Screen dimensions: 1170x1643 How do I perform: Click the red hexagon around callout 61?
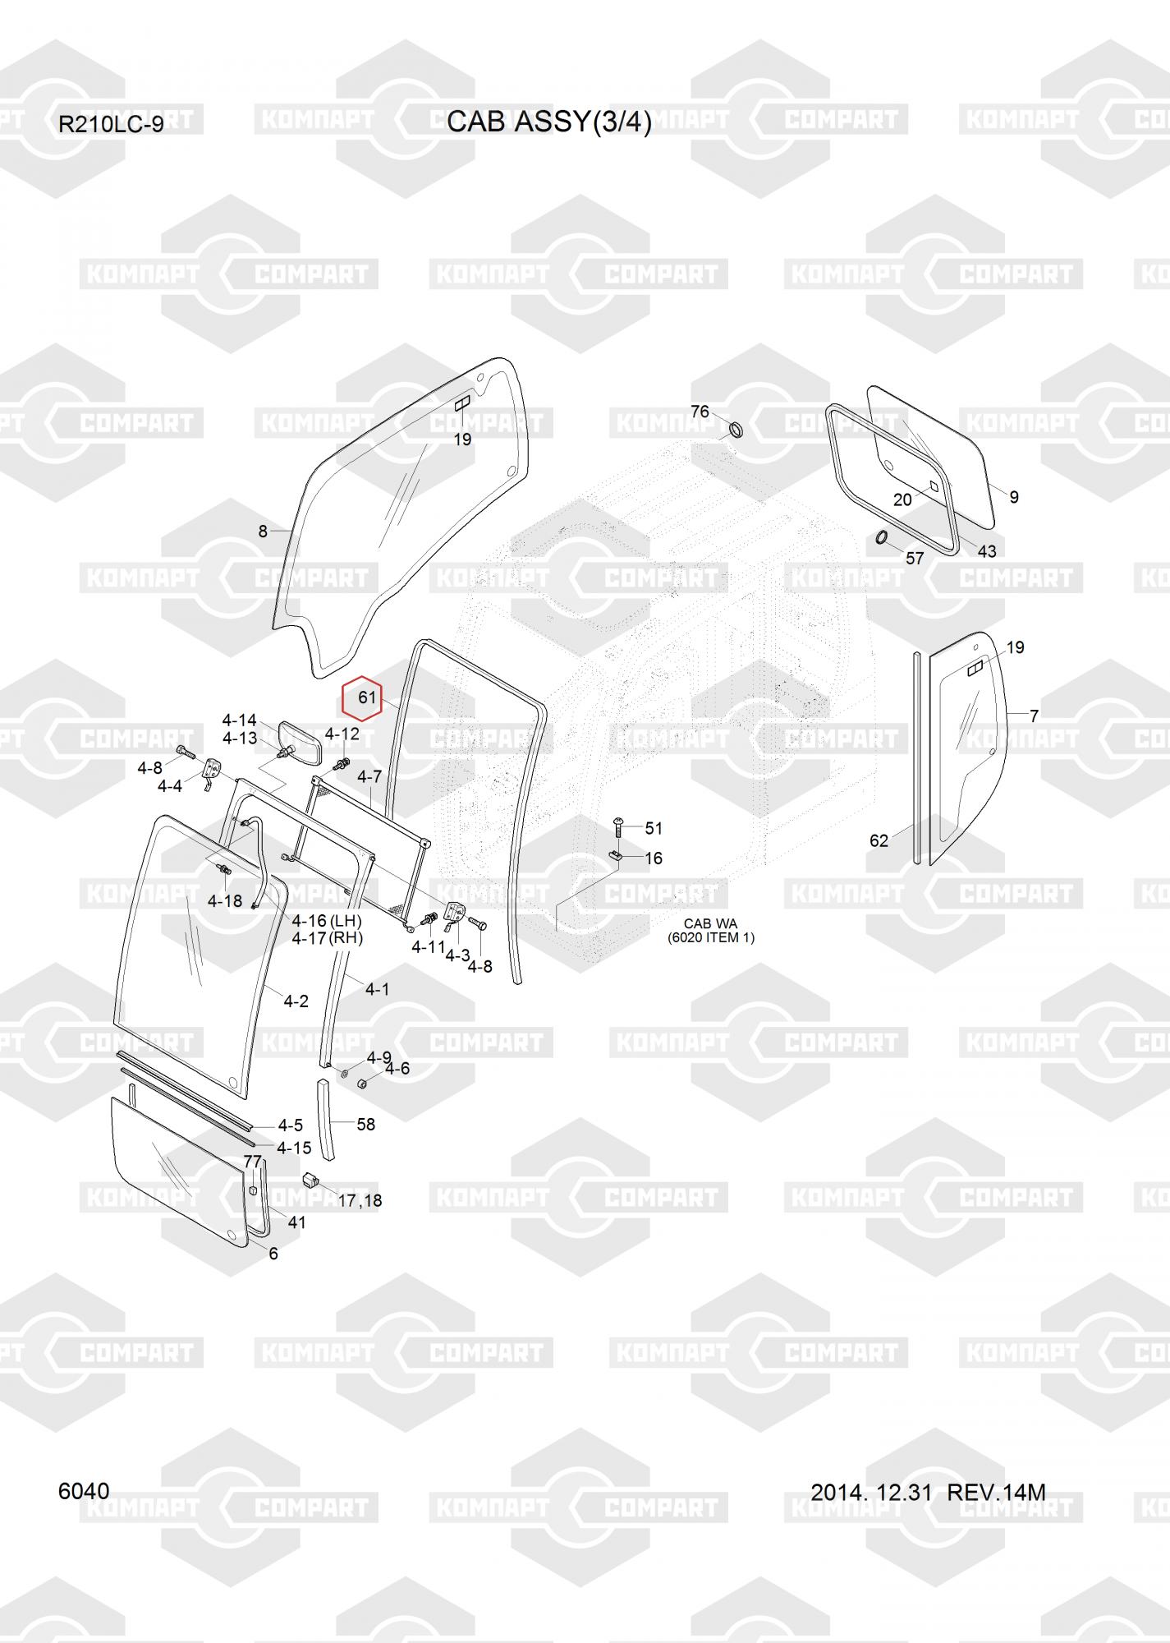[x=362, y=698]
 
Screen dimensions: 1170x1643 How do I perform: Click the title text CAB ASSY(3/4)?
[x=549, y=122]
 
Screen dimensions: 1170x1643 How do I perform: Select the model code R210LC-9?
[x=111, y=125]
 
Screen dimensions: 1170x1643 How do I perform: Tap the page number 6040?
[x=84, y=1491]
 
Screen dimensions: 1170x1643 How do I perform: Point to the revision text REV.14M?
[x=997, y=1492]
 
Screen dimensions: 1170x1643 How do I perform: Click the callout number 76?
[x=700, y=411]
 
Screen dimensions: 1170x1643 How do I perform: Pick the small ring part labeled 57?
[x=880, y=538]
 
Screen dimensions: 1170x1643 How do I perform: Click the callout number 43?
[x=987, y=550]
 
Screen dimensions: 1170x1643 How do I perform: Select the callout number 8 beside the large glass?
[x=263, y=532]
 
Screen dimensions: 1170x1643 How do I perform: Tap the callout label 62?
[x=879, y=840]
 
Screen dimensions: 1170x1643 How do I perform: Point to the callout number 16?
[x=654, y=858]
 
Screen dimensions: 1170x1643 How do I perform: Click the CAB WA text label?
[x=710, y=923]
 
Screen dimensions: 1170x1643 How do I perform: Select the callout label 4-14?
[x=239, y=720]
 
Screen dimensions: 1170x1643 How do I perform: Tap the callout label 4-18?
[x=225, y=901]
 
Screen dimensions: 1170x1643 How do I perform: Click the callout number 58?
[x=365, y=1124]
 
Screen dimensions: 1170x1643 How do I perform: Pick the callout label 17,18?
[x=360, y=1200]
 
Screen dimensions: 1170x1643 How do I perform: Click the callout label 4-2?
[x=296, y=1001]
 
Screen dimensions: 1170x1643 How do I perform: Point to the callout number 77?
[x=253, y=1161]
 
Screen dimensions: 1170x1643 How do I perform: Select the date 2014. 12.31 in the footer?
[x=871, y=1492]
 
